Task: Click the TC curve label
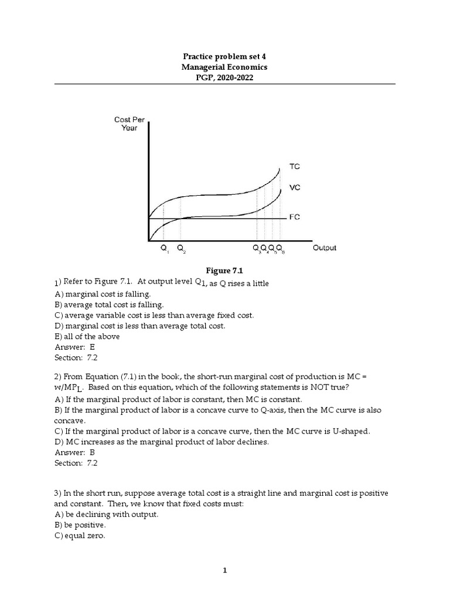[x=295, y=166]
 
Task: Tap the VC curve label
[x=295, y=188]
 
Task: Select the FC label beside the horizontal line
[x=295, y=217]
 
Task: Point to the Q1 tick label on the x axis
[x=164, y=248]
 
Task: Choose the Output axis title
[x=325, y=248]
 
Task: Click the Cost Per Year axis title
[x=129, y=124]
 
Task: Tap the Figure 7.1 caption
[x=224, y=270]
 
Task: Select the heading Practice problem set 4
[x=224, y=56]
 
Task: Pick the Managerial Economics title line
[x=224, y=67]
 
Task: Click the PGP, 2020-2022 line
[x=224, y=78]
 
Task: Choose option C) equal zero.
[x=80, y=535]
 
